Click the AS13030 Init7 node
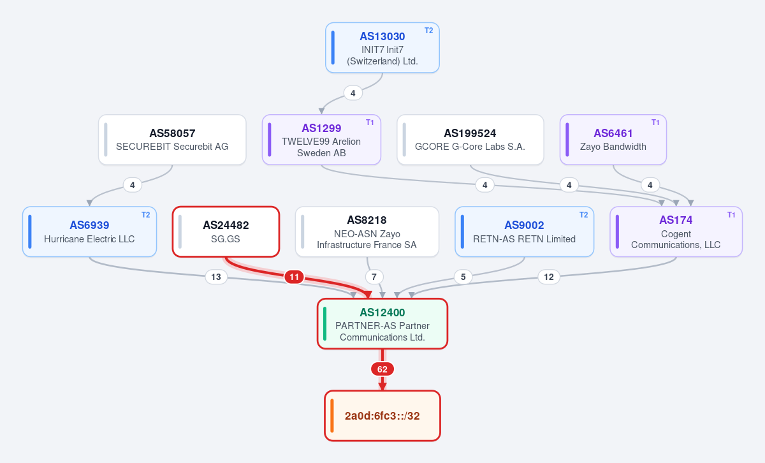(382, 48)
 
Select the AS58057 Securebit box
(172, 140)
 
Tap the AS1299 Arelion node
(321, 140)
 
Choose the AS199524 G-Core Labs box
(470, 140)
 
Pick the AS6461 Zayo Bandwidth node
(613, 140)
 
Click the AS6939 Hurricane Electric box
(89, 231)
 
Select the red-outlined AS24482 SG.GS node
(226, 231)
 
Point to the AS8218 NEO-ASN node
(367, 231)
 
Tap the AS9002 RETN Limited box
(524, 231)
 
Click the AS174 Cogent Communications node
(676, 231)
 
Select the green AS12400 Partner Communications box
(382, 323)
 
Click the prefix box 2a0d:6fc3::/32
(382, 416)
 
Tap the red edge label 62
(382, 369)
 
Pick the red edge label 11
(294, 277)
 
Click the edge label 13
(216, 277)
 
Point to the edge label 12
(549, 277)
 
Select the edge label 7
(374, 277)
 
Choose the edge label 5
(463, 277)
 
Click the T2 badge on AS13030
(428, 31)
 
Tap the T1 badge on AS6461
(655, 122)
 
